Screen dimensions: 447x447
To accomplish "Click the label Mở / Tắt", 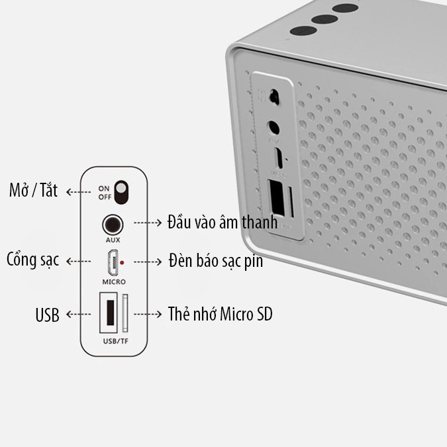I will pyautogui.click(x=33, y=191).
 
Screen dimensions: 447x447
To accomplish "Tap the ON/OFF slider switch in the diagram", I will pyautogui.click(x=121, y=191).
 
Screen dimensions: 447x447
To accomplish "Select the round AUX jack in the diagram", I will pyautogui.click(x=112, y=223).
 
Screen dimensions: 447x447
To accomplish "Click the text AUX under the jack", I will pyautogui.click(x=112, y=240).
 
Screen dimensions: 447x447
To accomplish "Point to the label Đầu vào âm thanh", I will pyautogui.click(x=223, y=223).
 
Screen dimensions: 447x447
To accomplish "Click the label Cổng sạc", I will pyautogui.click(x=32, y=260).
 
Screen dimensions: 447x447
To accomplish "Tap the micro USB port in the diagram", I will pyautogui.click(x=112, y=263).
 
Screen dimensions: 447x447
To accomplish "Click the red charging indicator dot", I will pyautogui.click(x=123, y=263).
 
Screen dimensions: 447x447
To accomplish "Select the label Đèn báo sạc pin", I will pyautogui.click(x=215, y=261).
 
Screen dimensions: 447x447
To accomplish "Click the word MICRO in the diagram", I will pyautogui.click(x=113, y=281).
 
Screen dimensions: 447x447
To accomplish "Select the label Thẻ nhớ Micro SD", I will pyautogui.click(x=220, y=313).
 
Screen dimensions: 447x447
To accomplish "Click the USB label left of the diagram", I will pyautogui.click(x=47, y=315).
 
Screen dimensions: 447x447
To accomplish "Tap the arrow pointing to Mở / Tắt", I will pyautogui.click(x=79, y=192).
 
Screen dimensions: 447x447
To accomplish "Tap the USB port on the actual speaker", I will pyautogui.click(x=276, y=198).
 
